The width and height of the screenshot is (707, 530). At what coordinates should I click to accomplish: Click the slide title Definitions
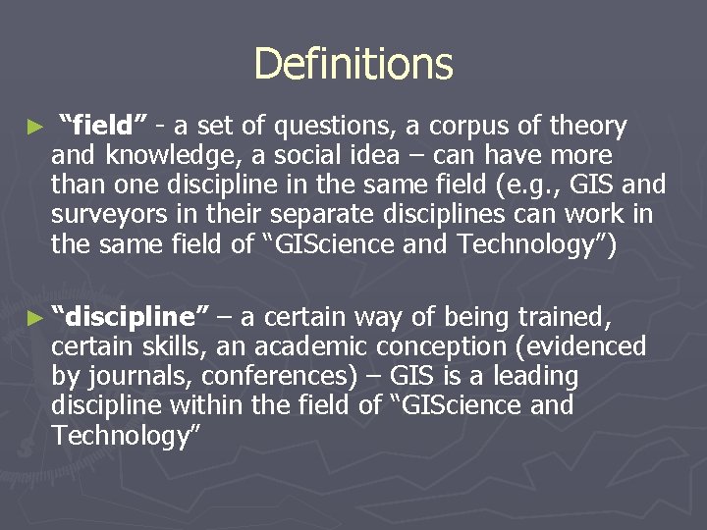(x=353, y=64)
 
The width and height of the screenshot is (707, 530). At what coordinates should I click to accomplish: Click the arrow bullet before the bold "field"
(x=36, y=127)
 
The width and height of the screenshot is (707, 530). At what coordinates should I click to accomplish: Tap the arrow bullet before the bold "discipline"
(x=36, y=317)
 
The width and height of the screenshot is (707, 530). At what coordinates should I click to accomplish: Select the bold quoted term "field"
(x=103, y=126)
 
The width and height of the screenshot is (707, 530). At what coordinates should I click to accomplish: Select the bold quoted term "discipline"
(x=131, y=316)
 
